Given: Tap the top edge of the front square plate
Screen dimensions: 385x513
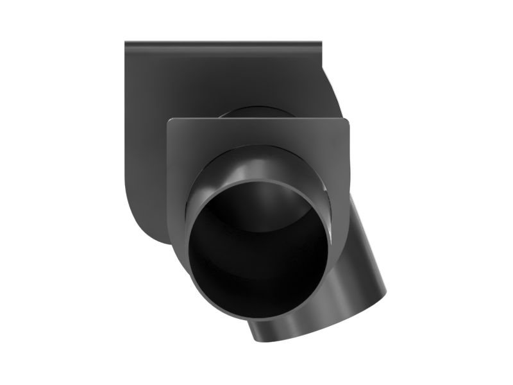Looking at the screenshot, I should (256, 120).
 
